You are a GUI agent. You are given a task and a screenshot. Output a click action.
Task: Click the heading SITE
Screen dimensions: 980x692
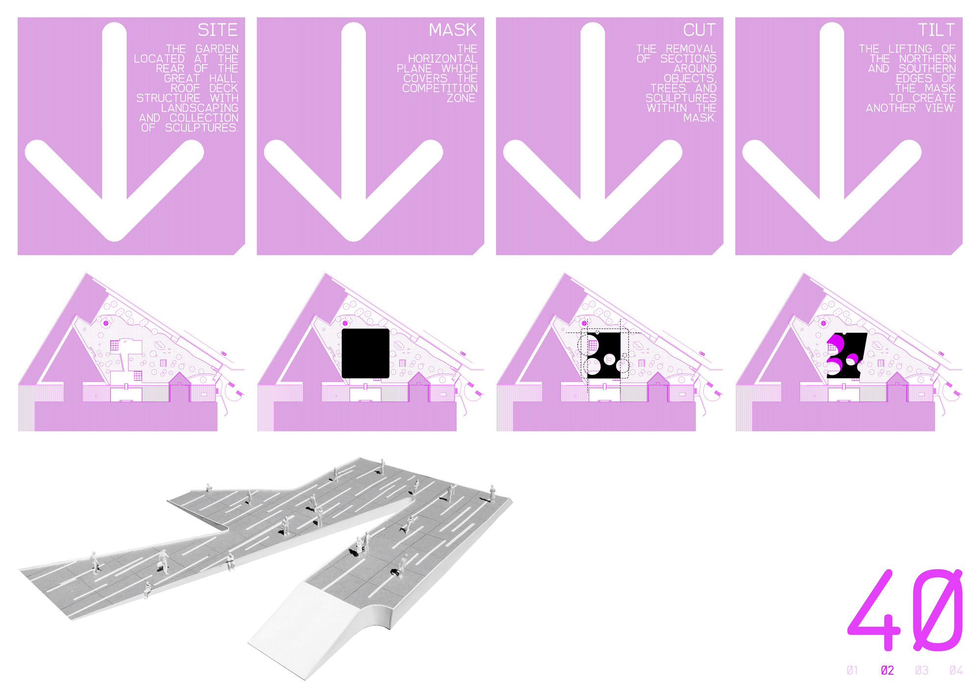pos(217,30)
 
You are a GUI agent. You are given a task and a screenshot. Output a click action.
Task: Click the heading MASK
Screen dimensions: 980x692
pos(452,30)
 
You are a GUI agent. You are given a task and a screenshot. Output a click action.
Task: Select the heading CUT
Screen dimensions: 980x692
pos(700,30)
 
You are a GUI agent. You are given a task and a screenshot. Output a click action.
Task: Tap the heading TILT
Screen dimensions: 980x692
pos(936,30)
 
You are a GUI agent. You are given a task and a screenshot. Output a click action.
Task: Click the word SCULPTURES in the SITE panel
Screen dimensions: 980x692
pos(201,127)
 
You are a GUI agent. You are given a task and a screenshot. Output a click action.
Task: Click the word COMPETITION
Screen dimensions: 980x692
pos(440,88)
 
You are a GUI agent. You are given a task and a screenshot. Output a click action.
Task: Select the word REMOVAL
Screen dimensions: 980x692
pos(691,49)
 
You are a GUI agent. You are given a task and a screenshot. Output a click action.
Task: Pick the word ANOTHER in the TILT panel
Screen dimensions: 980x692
pos(891,108)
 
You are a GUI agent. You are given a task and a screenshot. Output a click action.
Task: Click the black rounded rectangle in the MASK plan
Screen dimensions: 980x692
pos(365,353)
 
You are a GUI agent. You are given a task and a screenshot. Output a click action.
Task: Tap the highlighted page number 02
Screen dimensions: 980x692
pos(887,670)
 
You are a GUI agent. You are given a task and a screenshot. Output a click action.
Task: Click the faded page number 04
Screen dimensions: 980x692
pos(956,670)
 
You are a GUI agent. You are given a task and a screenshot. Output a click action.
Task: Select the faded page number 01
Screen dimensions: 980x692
pos(853,670)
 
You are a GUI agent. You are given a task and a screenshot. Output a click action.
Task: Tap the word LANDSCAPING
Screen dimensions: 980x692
pos(200,108)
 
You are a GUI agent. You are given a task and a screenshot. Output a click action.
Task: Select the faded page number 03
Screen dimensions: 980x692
pos(922,670)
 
